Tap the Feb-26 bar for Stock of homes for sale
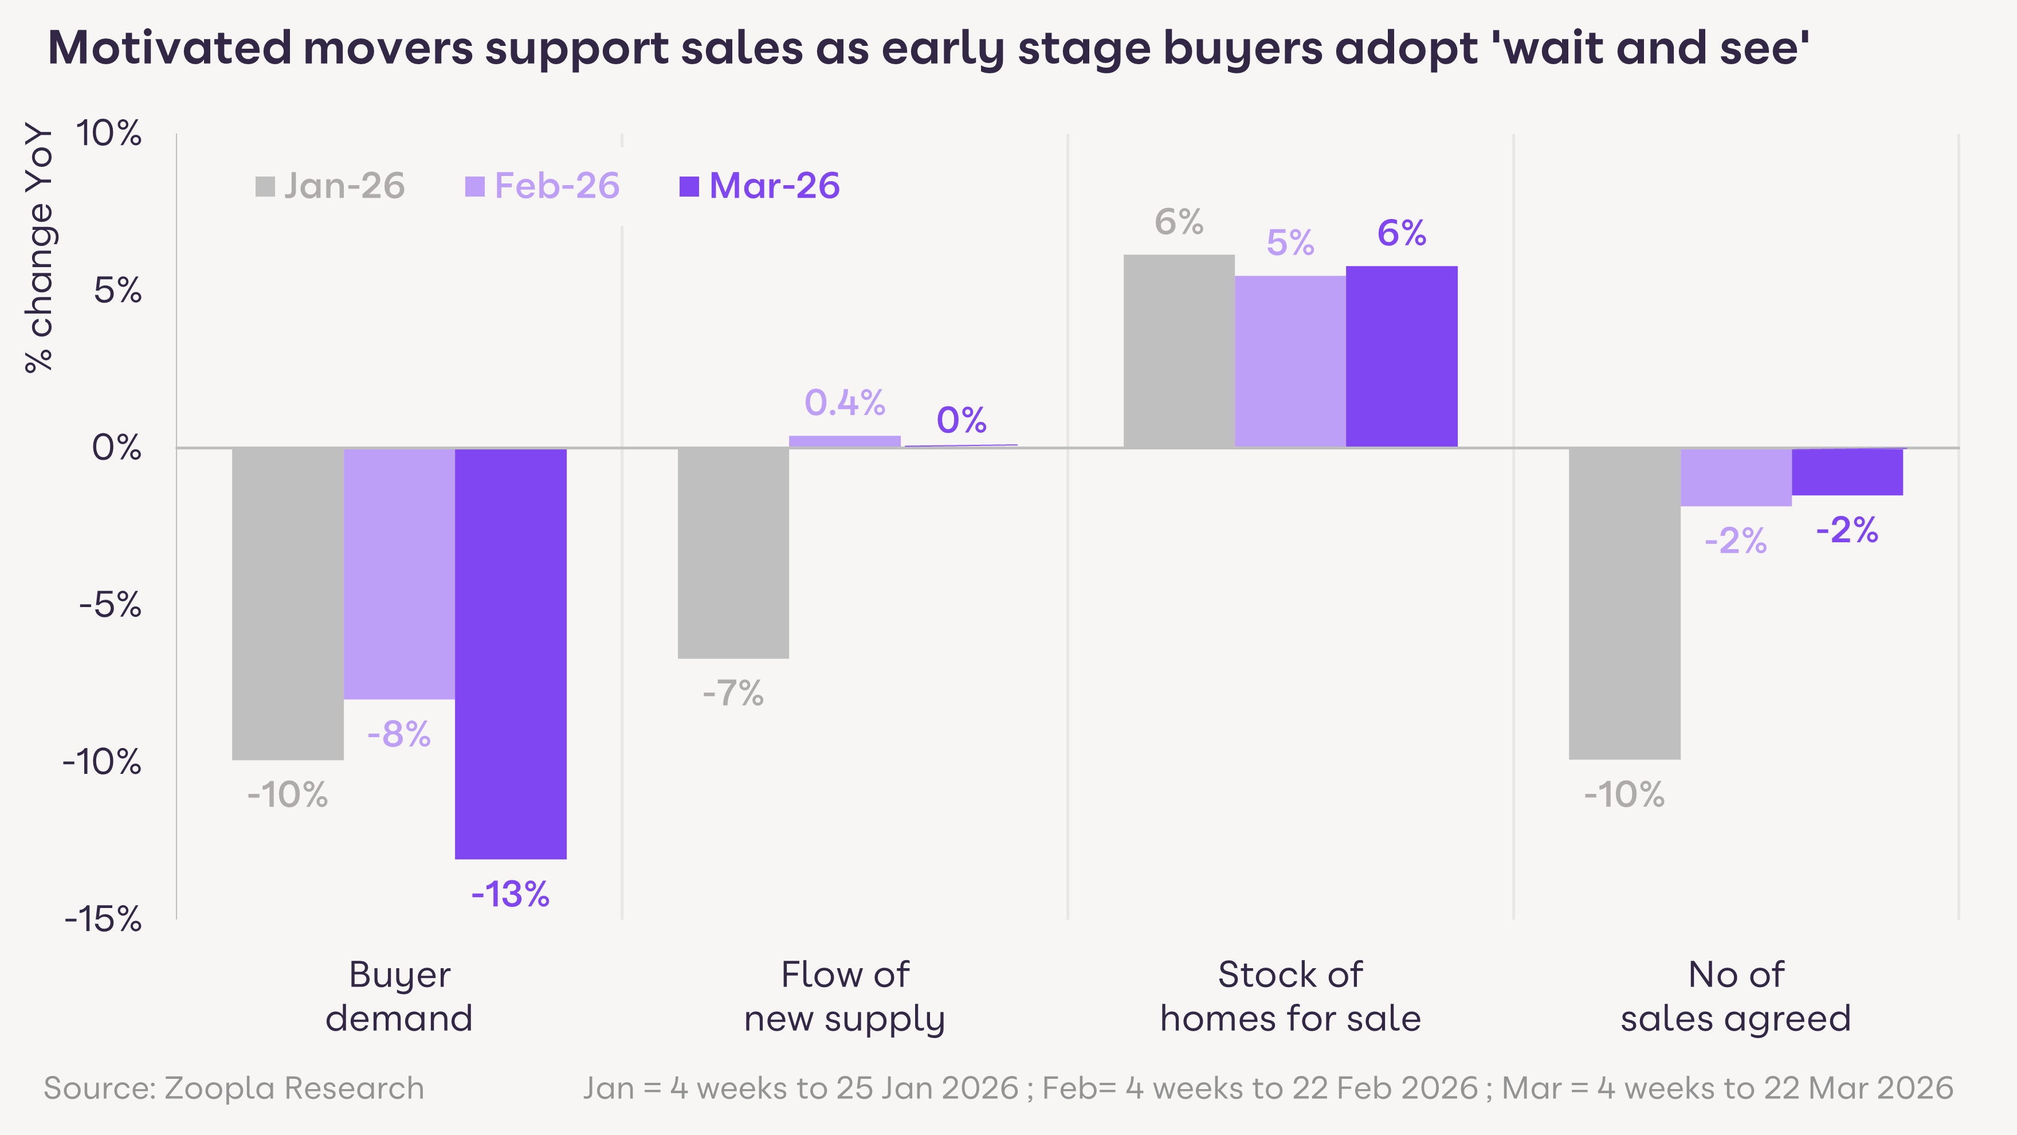[1290, 361]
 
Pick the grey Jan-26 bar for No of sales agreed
[1624, 603]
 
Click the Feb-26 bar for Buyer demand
[399, 573]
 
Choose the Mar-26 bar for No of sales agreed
[1847, 472]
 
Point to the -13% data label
[511, 894]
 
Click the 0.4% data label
[845, 402]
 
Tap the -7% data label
[733, 693]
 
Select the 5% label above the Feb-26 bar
[1290, 243]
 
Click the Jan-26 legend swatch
[265, 186]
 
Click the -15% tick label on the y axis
[103, 919]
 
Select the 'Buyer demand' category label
[399, 996]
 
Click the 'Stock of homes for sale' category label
[1290, 996]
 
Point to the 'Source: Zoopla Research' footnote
[233, 1088]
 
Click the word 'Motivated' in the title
[169, 48]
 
